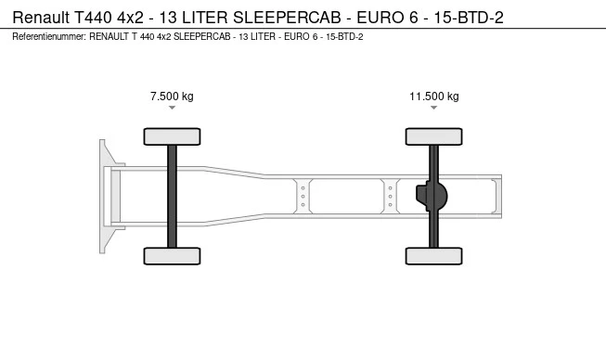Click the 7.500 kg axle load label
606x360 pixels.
(172, 96)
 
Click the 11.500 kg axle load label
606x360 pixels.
(434, 96)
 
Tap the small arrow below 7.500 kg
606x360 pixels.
(172, 108)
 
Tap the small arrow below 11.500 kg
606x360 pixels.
(434, 108)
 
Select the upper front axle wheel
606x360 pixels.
(172, 136)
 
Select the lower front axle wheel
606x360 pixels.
(172, 256)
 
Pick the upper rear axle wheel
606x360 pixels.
(434, 136)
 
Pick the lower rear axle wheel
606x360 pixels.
(434, 256)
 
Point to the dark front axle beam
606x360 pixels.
(172, 196)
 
